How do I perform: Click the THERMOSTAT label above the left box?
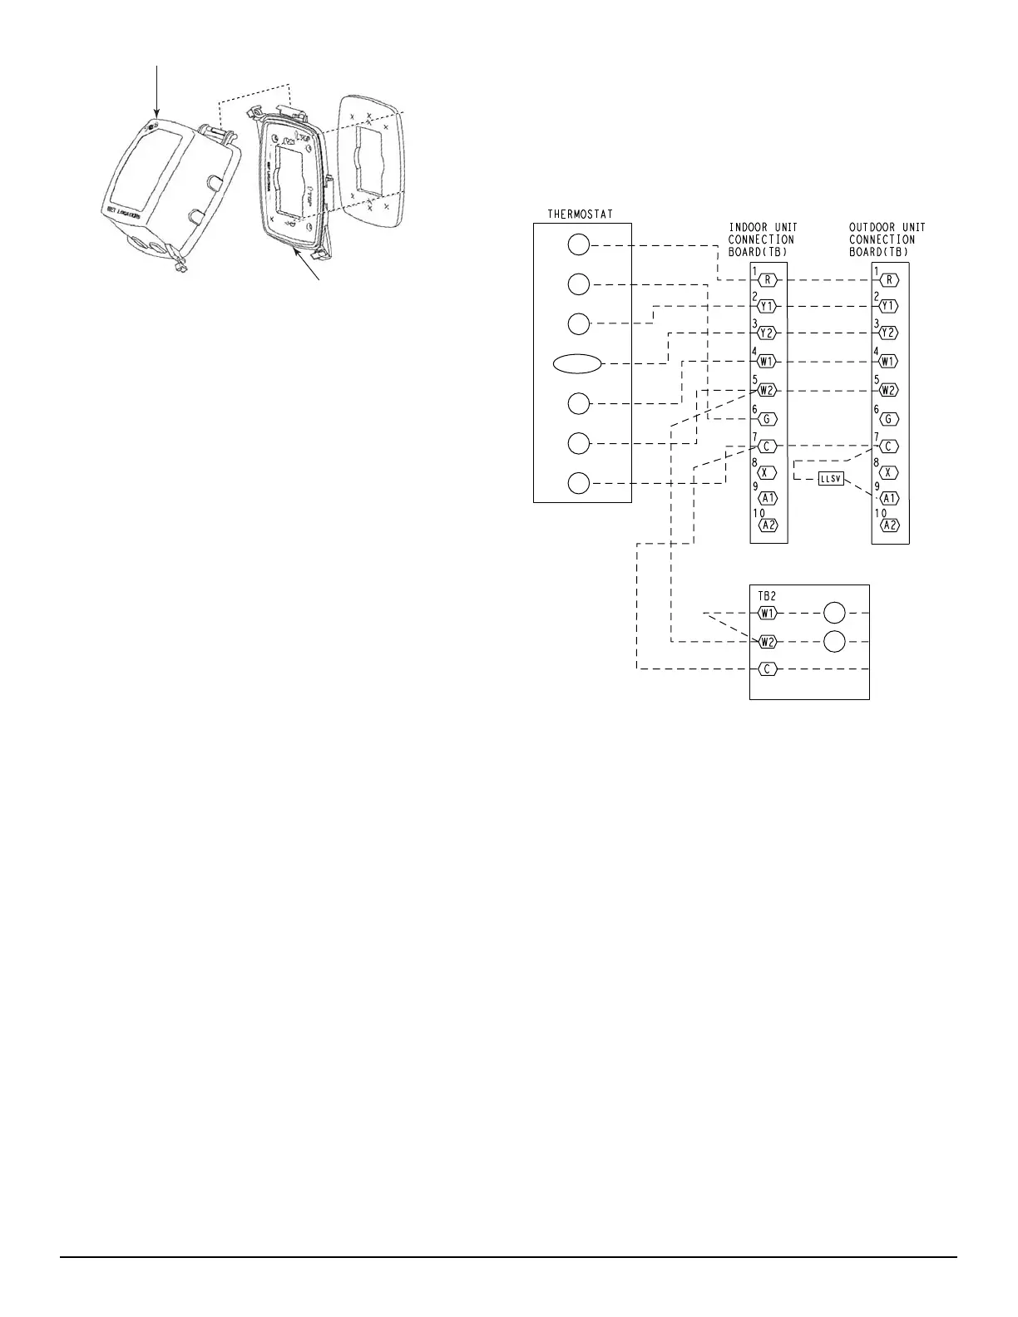coord(581,215)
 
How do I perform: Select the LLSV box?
coord(831,479)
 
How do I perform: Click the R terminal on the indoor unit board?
coord(768,280)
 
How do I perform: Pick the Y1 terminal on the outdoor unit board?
coord(888,306)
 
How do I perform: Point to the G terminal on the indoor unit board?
coord(768,419)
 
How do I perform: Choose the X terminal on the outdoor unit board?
coord(888,472)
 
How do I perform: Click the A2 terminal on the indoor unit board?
coord(768,525)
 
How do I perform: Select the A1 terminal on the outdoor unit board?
coord(889,498)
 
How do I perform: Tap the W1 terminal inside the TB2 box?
coord(767,614)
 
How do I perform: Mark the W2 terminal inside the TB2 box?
coord(767,642)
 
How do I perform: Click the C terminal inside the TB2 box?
coord(767,668)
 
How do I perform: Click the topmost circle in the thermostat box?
coord(579,244)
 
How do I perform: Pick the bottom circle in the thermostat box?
coord(579,483)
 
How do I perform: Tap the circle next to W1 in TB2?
coord(834,614)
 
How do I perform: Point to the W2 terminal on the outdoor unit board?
coord(888,390)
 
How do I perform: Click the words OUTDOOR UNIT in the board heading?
coord(887,227)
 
